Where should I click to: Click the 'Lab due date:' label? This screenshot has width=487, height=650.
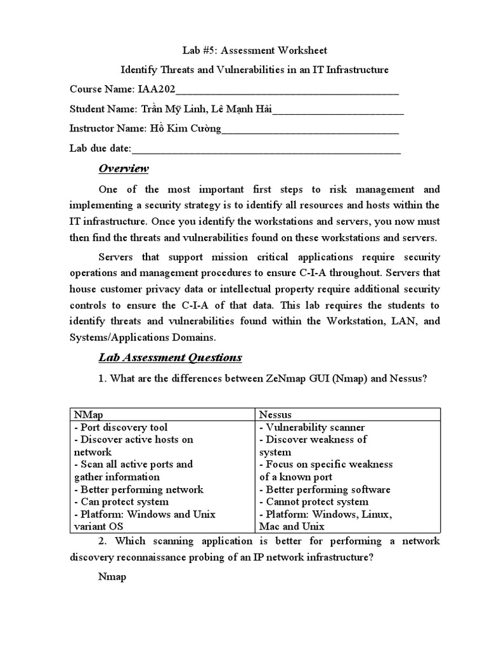click(x=100, y=149)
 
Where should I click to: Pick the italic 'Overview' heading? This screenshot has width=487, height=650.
click(x=124, y=168)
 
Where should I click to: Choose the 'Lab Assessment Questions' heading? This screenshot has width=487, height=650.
click(x=170, y=357)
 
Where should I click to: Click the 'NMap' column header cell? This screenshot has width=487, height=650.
click(x=88, y=414)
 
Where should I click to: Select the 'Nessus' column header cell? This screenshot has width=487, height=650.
click(x=275, y=414)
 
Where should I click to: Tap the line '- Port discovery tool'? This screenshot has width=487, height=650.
click(x=120, y=427)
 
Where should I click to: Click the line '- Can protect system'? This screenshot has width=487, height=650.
click(x=118, y=501)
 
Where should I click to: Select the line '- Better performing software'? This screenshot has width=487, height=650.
click(x=325, y=489)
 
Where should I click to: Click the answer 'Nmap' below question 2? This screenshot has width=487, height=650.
click(x=112, y=577)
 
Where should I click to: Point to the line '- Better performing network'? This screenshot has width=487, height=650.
click(x=138, y=489)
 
